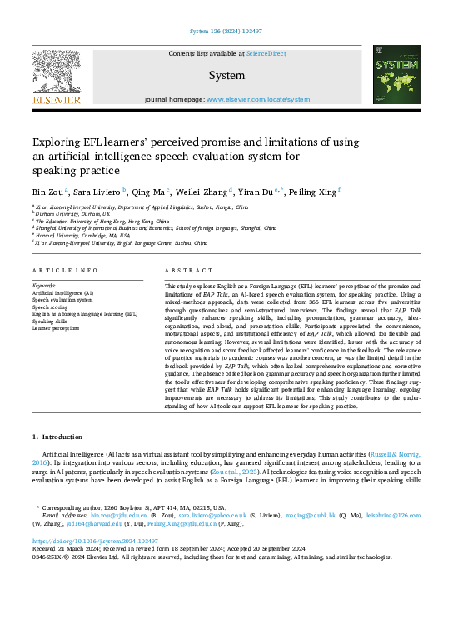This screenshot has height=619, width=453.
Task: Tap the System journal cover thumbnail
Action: pos(396,76)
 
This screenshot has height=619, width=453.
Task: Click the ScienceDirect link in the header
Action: pos(266,53)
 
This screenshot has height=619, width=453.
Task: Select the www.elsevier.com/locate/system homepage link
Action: pos(258,99)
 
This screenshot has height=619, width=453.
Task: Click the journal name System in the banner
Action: pos(226,75)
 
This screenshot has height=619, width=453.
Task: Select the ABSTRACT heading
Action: pos(183,272)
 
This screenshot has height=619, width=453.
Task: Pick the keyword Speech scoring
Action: pos(51,307)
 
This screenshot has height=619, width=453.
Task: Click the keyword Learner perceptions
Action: pos(57,328)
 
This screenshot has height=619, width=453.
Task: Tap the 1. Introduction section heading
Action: pos(57,436)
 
